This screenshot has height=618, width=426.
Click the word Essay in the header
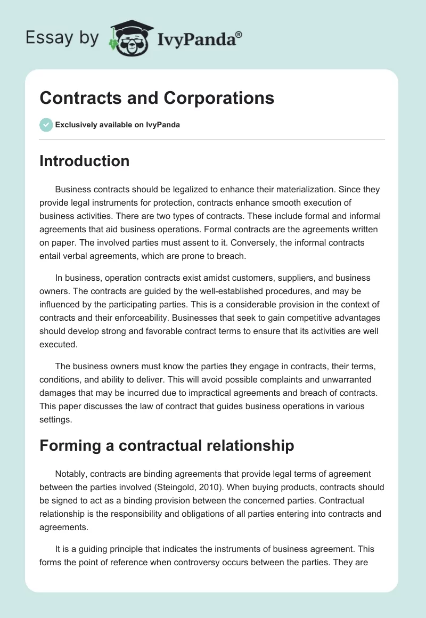(x=45, y=38)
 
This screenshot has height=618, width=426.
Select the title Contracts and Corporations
(x=157, y=98)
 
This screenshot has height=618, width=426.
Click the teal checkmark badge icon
(x=46, y=125)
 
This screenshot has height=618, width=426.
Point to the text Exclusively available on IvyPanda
(x=118, y=125)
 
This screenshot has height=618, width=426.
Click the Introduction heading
(x=84, y=161)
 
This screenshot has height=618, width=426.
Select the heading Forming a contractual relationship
(x=167, y=445)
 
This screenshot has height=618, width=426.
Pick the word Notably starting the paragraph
(x=72, y=474)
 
